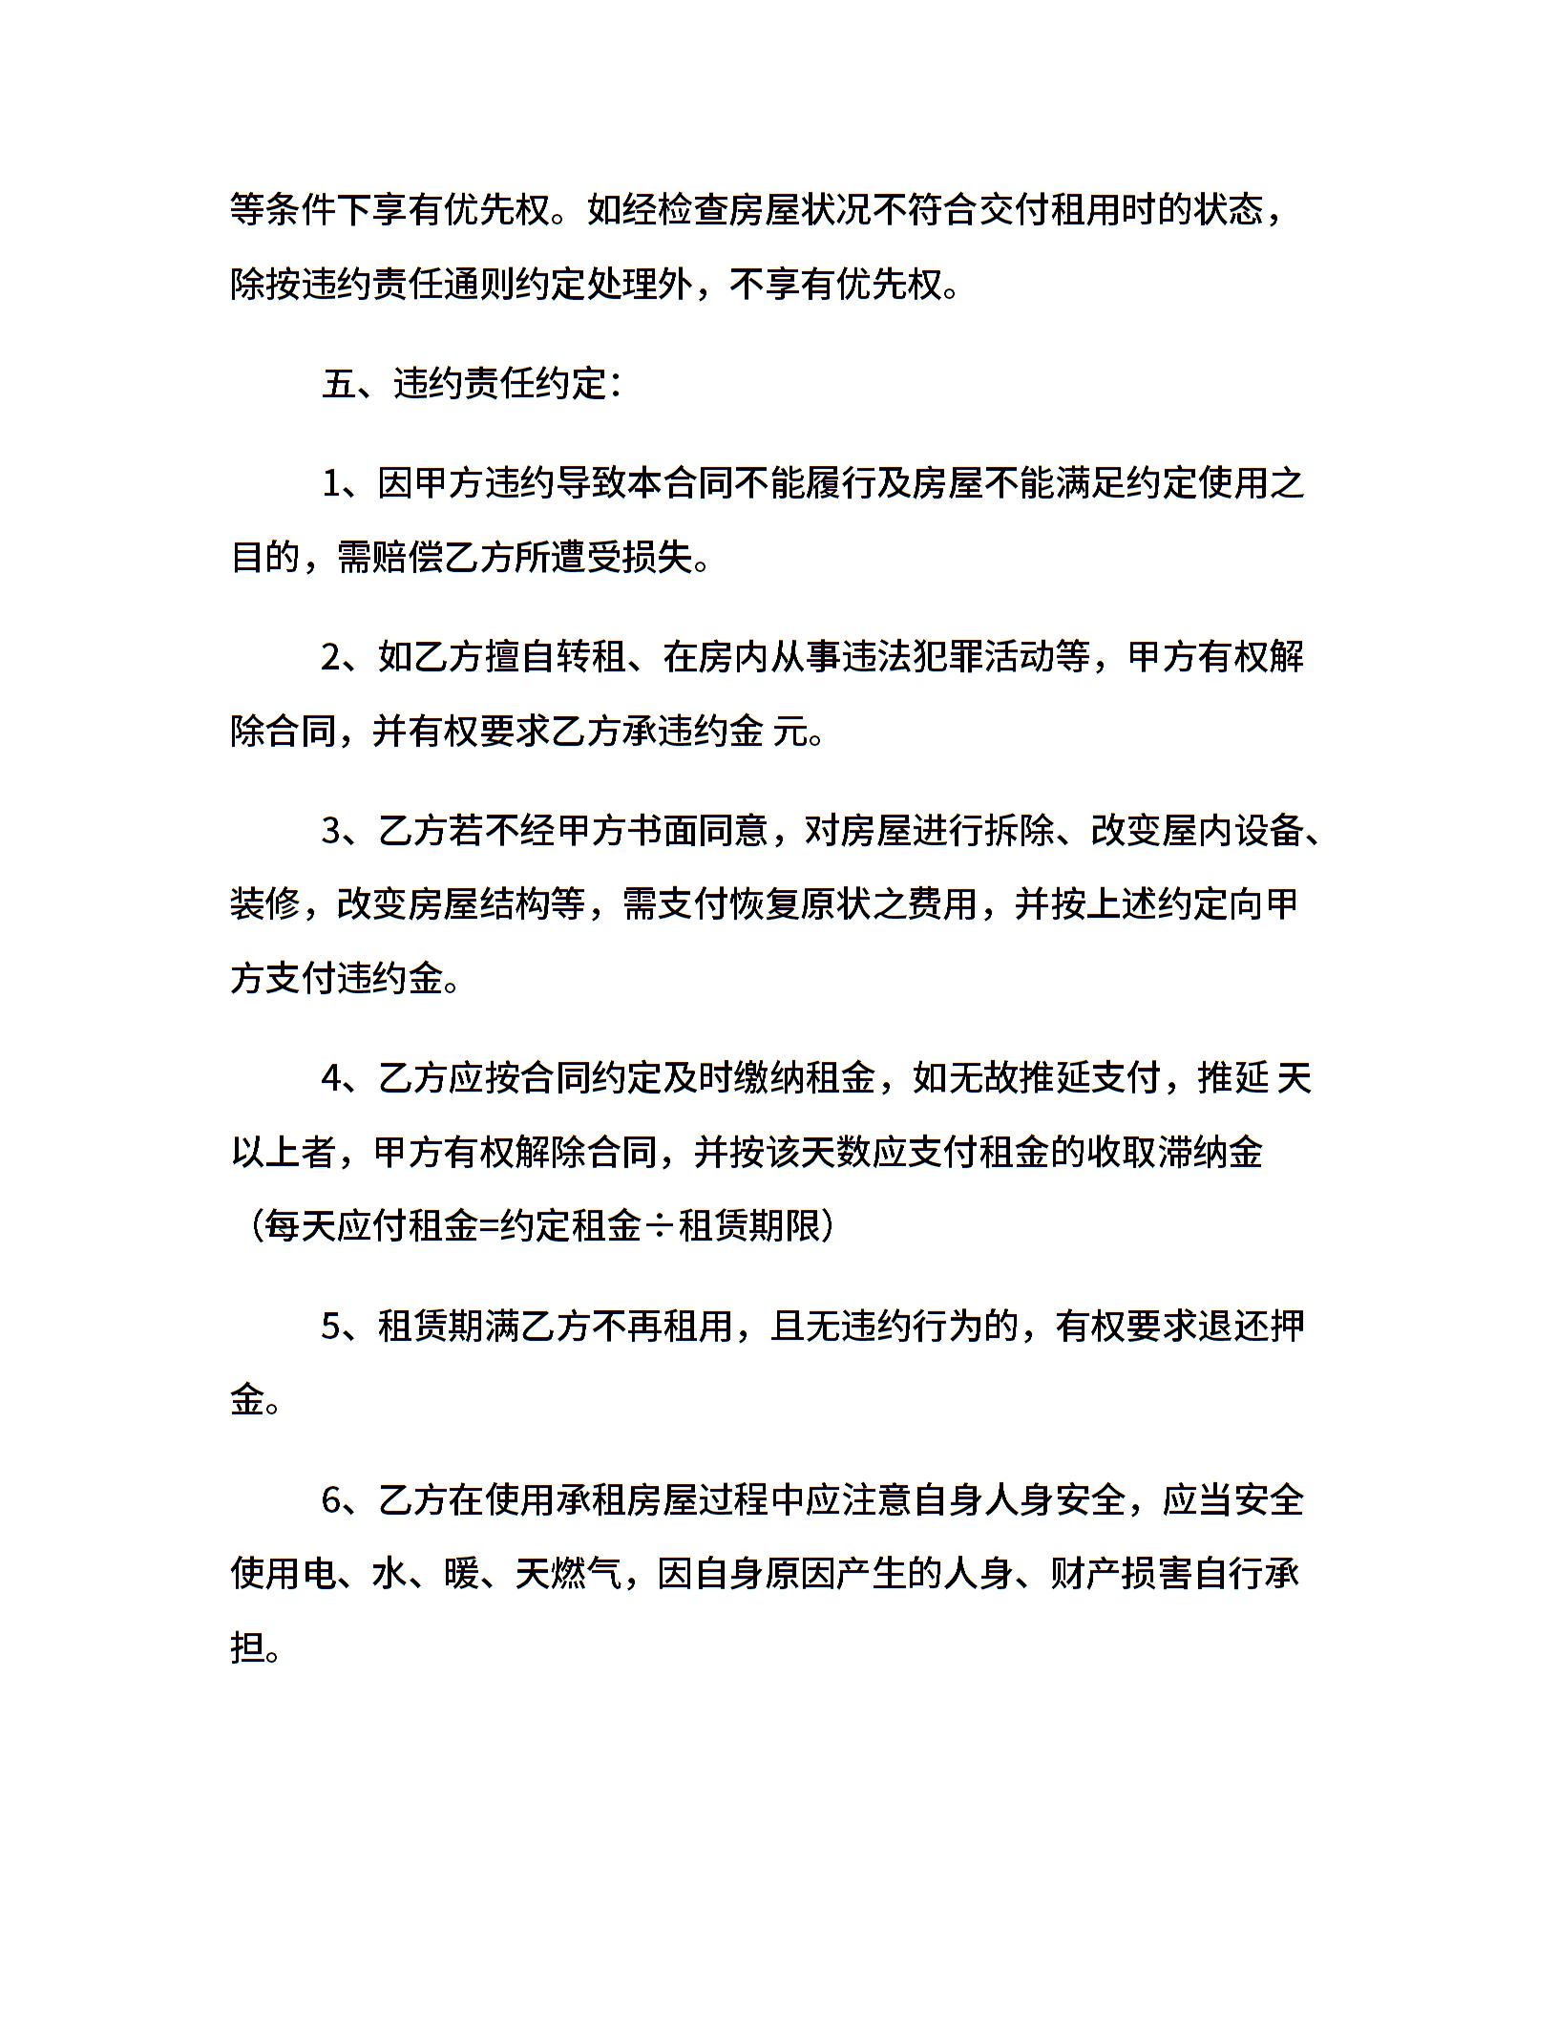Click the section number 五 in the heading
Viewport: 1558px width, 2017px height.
pos(339,384)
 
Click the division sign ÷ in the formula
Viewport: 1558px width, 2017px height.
pos(659,1226)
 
